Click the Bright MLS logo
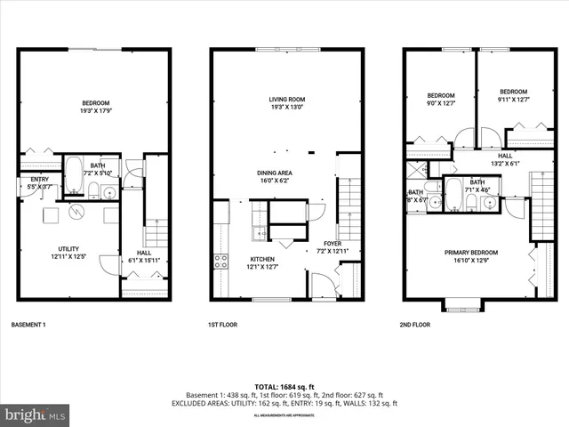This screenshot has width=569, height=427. (x=36, y=415)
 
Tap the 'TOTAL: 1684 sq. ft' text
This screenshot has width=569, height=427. (x=284, y=385)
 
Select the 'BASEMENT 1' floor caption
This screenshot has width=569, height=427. (x=28, y=325)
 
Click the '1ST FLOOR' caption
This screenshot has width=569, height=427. (x=221, y=325)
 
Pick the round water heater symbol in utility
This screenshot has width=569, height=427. (x=78, y=213)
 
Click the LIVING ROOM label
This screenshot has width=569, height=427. (x=287, y=100)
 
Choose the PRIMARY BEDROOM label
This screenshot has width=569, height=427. (x=471, y=253)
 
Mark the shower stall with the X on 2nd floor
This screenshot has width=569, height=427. (x=415, y=171)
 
